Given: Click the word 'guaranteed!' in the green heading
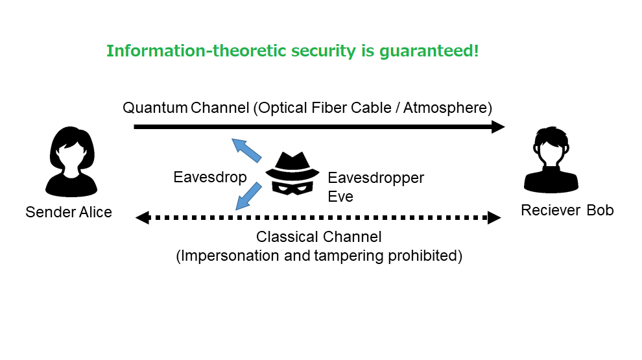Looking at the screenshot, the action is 429,52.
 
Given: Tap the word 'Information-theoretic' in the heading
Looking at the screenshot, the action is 196,51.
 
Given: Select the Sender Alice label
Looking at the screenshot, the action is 69,212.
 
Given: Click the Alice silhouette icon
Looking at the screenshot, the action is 71,162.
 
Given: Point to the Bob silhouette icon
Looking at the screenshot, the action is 551,160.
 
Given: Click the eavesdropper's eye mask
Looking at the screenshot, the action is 292,187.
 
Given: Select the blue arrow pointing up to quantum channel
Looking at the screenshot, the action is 246,150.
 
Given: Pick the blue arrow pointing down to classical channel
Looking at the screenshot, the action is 248,196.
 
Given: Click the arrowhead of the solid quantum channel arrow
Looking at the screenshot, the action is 498,127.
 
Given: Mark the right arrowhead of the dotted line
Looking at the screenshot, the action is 494,217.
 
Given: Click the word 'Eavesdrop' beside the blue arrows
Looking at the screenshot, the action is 210,177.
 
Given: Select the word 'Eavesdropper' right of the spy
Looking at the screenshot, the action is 376,178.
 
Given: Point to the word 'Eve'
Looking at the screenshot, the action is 340,197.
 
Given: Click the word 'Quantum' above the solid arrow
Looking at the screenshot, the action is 155,108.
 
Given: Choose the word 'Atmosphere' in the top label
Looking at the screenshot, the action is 445,108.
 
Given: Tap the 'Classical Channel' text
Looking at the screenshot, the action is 318,237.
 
